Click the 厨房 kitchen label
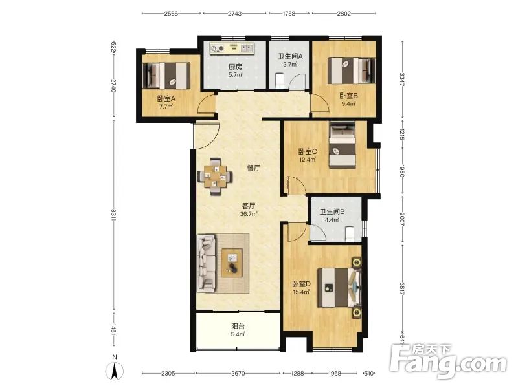pos(235,67)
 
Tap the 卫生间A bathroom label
pos(290,56)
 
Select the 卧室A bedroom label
pos(166,98)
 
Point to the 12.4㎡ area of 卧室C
pos(307,160)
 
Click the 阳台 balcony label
pos(238,327)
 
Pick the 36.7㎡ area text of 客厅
pos(249,214)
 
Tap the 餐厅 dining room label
pos(254,168)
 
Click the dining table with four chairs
pos(215,177)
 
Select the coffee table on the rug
pos(232,263)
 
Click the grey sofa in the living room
pos(206,263)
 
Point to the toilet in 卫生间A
pos(280,81)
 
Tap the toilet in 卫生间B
pos(350,234)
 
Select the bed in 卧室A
pos(166,76)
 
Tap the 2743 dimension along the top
pos(234,14)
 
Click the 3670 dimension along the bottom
pos(238,374)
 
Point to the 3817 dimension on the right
pos(402,288)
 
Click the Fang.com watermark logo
pos(448,361)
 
